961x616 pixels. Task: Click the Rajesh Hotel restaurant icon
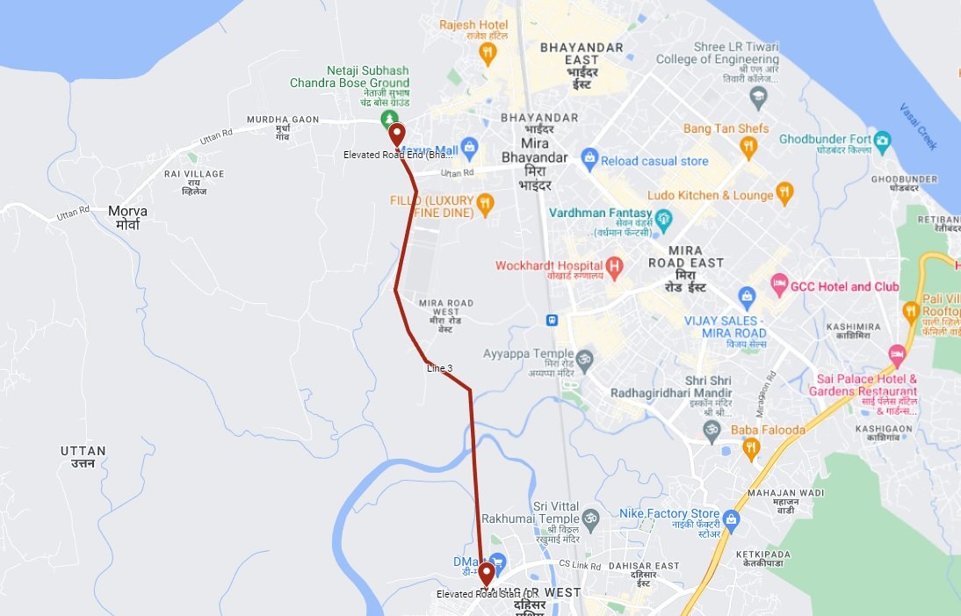click(488, 54)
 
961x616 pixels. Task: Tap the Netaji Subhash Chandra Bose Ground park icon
click(387, 118)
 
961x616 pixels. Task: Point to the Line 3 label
click(439, 367)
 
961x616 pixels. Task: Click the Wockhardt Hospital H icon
click(614, 265)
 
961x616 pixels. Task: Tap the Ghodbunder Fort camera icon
click(883, 140)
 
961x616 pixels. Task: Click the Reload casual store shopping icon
click(589, 161)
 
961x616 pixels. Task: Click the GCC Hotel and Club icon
click(778, 285)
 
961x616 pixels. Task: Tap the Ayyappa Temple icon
click(585, 359)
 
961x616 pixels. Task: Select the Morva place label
click(127, 217)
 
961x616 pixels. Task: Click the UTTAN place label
click(83, 456)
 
